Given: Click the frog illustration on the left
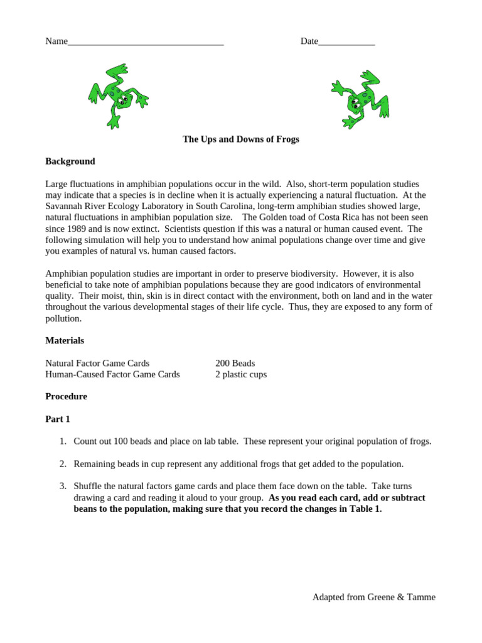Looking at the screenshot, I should pos(117,96).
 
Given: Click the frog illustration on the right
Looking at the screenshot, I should pos(361,98).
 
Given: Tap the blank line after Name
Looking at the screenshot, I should pos(146,42).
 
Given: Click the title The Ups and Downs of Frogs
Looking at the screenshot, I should pos(241,139).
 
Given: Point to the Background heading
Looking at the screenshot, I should pos(70,161).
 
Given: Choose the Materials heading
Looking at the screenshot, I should pos(65,340).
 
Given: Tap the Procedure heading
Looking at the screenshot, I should pos(66,396).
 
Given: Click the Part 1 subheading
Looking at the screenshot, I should pos(58,419).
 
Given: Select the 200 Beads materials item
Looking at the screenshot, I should pos(235,363).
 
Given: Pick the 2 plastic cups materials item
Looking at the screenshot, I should pos(241,374).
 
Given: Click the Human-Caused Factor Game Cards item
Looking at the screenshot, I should pos(112,374).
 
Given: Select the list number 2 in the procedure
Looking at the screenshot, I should pos(63,464).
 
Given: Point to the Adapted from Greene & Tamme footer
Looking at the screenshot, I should pos(373,597).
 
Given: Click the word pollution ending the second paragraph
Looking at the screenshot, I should pos(63,318).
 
